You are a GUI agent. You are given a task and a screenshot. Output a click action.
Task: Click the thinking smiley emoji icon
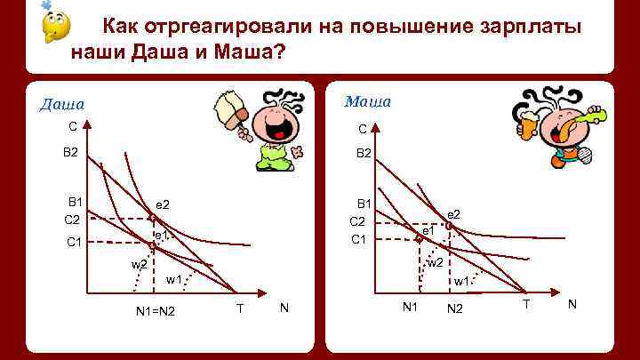54,25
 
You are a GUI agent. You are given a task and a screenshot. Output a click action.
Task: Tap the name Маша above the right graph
367,101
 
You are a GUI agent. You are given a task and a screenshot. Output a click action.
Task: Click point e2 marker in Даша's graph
153,218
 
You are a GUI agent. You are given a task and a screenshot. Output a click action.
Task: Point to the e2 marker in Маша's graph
449,226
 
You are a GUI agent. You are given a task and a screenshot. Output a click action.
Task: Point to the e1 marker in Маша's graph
420,238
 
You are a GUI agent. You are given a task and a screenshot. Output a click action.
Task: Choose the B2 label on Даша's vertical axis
70,153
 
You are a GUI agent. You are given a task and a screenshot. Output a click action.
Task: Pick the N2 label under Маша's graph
455,309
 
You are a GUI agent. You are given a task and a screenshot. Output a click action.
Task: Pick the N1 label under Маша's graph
410,308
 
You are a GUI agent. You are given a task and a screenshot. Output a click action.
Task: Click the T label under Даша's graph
240,308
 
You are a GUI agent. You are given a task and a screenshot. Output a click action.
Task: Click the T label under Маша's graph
526,305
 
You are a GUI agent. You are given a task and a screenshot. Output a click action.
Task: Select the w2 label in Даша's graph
139,265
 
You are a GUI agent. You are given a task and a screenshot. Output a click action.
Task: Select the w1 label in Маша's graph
461,282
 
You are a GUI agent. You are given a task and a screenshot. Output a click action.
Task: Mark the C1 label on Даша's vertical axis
74,242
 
